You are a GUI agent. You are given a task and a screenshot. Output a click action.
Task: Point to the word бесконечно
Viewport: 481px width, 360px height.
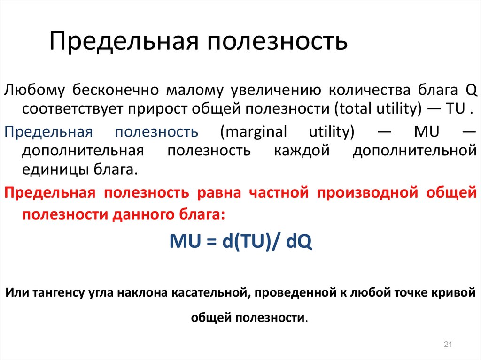[x=116, y=90]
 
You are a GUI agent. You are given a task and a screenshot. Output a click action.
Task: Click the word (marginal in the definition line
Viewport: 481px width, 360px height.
[x=253, y=132]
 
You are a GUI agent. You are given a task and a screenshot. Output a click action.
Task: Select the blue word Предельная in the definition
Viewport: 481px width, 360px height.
[x=48, y=132]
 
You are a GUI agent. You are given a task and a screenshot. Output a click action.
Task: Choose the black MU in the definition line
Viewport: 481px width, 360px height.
[x=427, y=131]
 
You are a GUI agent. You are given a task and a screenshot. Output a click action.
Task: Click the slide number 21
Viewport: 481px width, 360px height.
[x=448, y=344]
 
